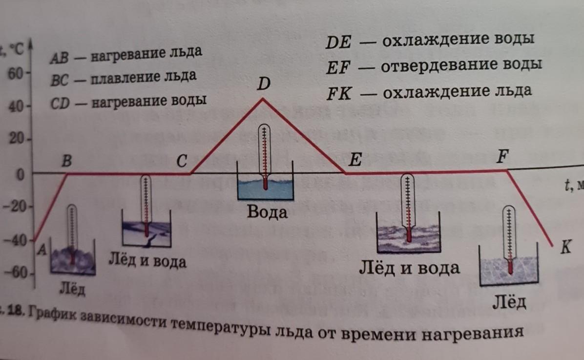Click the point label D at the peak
point(264,85)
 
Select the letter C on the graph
point(182,162)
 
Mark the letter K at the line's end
point(565,248)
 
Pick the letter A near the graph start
point(42,250)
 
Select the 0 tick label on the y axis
point(21,174)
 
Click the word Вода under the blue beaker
point(267,212)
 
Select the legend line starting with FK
point(430,92)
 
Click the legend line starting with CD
point(128,101)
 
